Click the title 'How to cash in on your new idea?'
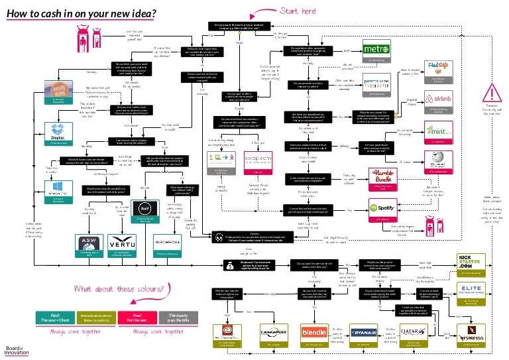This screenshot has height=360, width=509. (x=82, y=13)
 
